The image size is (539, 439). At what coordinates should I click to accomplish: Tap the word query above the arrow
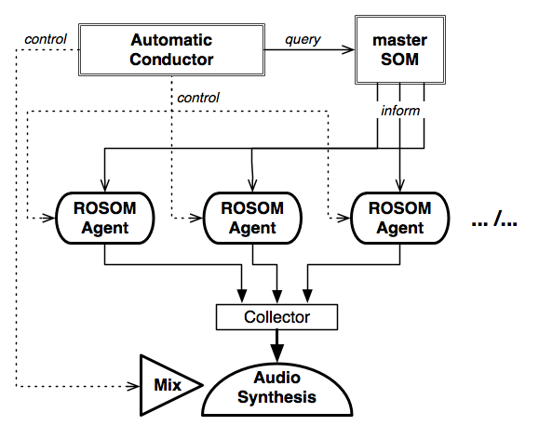tap(303, 40)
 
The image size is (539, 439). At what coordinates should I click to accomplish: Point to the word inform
tap(400, 111)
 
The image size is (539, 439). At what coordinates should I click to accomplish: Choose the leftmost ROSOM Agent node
tap(105, 219)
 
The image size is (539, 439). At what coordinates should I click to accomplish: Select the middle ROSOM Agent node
tap(252, 219)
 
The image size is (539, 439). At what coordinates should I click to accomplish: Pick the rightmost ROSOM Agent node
tap(400, 219)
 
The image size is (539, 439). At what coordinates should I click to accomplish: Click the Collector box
tap(276, 317)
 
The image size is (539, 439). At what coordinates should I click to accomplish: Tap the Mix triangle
tap(165, 385)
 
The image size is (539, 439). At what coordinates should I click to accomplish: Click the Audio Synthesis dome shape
tap(277, 389)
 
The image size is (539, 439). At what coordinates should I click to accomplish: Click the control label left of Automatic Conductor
tap(46, 39)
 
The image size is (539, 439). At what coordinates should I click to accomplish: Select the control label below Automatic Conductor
tap(198, 98)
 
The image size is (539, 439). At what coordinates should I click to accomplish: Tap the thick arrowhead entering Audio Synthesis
tap(277, 353)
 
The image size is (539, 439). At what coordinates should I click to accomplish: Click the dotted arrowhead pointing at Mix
tap(133, 386)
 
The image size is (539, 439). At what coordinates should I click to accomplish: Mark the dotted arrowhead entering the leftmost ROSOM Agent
tap(48, 218)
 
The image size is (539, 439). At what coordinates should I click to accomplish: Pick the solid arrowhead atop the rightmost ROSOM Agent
tap(399, 185)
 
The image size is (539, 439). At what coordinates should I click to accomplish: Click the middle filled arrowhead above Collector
tap(277, 297)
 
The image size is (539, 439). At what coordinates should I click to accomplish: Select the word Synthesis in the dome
tap(276, 397)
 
